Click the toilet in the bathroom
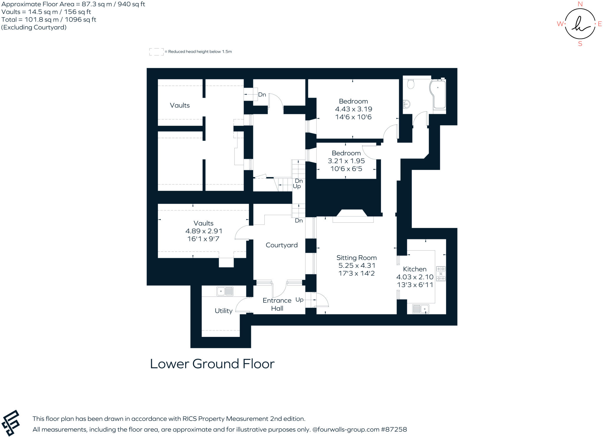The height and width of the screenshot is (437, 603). pyautogui.click(x=410, y=84)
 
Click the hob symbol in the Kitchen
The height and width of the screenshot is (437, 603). pyautogui.click(x=441, y=274)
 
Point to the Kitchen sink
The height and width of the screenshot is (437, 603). pyautogui.click(x=420, y=309)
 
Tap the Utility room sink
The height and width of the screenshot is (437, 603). pyautogui.click(x=225, y=292)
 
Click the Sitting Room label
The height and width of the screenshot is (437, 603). pyautogui.click(x=356, y=258)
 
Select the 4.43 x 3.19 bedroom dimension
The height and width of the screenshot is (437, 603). pyautogui.click(x=353, y=109)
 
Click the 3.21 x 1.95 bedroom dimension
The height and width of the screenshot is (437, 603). pyautogui.click(x=346, y=161)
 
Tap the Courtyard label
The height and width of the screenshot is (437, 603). pyautogui.click(x=281, y=245)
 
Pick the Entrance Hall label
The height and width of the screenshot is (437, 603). pyautogui.click(x=277, y=304)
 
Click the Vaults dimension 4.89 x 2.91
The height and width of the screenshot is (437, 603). pyautogui.click(x=203, y=231)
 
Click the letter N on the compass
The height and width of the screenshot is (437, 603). pyautogui.click(x=580, y=4)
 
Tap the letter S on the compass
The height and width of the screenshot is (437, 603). pyautogui.click(x=580, y=44)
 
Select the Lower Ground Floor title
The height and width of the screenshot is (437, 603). pyautogui.click(x=212, y=364)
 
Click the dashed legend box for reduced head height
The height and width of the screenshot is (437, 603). pyautogui.click(x=156, y=52)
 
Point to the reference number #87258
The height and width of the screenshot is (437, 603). pyautogui.click(x=394, y=429)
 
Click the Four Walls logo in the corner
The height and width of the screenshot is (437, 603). pyautogui.click(x=11, y=423)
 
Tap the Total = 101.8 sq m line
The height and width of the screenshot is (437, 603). pyautogui.click(x=49, y=19)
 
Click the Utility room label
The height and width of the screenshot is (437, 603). pyautogui.click(x=223, y=311)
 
